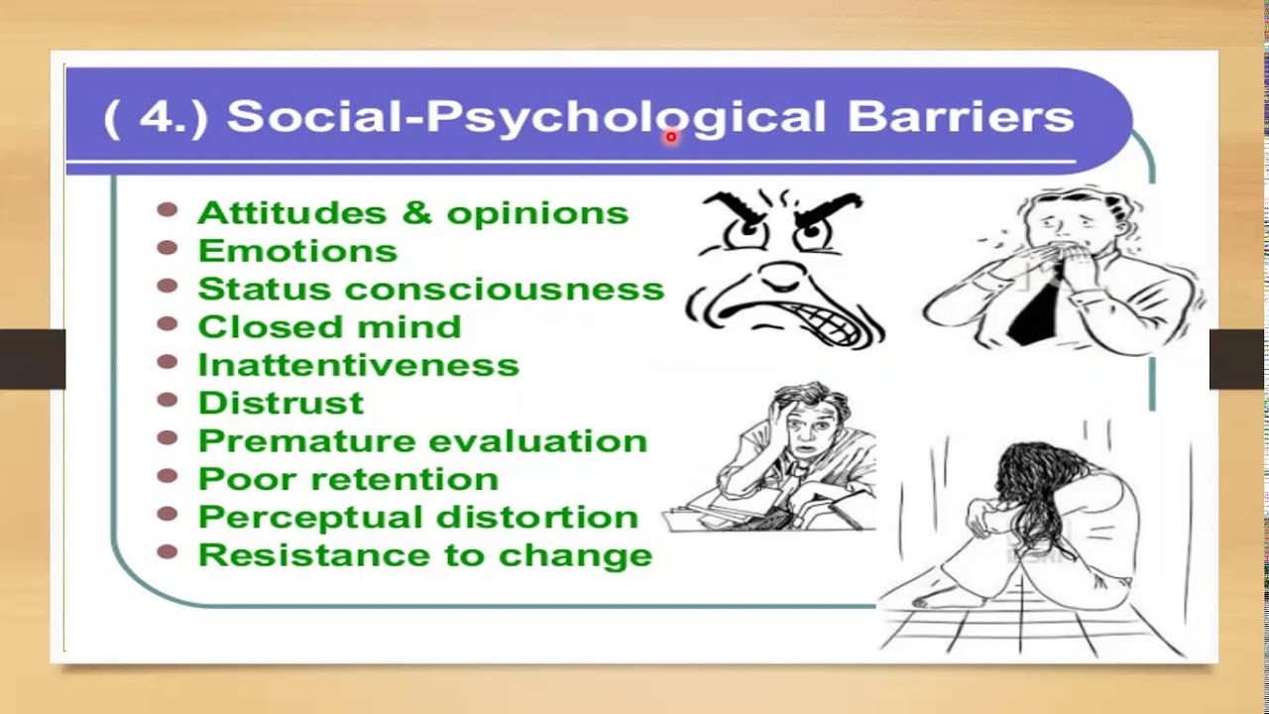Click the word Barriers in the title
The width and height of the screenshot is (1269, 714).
click(x=960, y=116)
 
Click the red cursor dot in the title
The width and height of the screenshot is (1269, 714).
click(x=671, y=138)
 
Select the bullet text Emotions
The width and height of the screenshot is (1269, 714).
click(x=297, y=251)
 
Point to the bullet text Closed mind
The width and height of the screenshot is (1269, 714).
click(x=329, y=326)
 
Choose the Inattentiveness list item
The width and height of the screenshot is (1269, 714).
click(x=358, y=365)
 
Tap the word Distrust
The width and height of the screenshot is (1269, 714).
click(x=281, y=403)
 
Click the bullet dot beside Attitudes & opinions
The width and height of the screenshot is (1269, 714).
click(x=167, y=210)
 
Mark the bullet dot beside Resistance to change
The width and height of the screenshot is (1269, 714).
click(x=167, y=551)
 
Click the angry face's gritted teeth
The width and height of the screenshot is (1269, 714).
click(x=831, y=319)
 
